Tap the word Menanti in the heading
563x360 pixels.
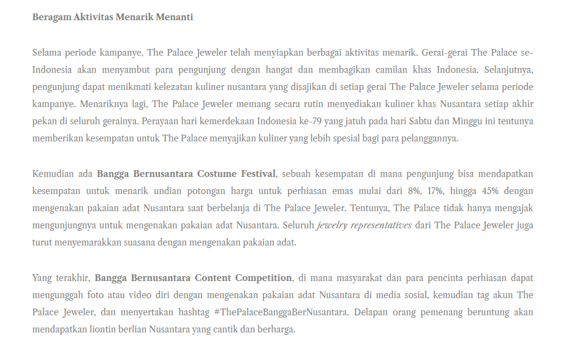pos(176,17)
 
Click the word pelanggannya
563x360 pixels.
pos(427,138)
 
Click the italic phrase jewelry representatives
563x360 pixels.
pos(364,225)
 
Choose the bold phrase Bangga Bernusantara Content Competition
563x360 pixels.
pos(193,278)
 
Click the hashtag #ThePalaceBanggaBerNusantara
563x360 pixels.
pos(281,312)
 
